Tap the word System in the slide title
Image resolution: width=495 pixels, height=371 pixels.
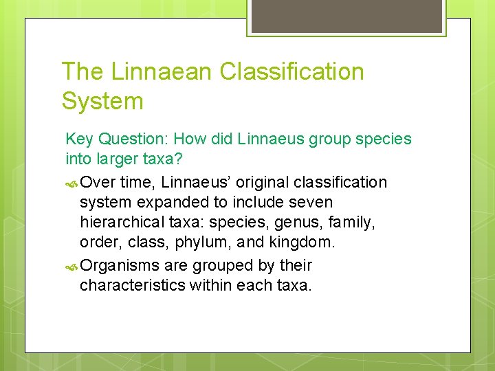point(102,101)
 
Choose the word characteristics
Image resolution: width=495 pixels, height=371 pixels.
point(132,285)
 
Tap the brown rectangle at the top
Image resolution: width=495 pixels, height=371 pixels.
point(346,16)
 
